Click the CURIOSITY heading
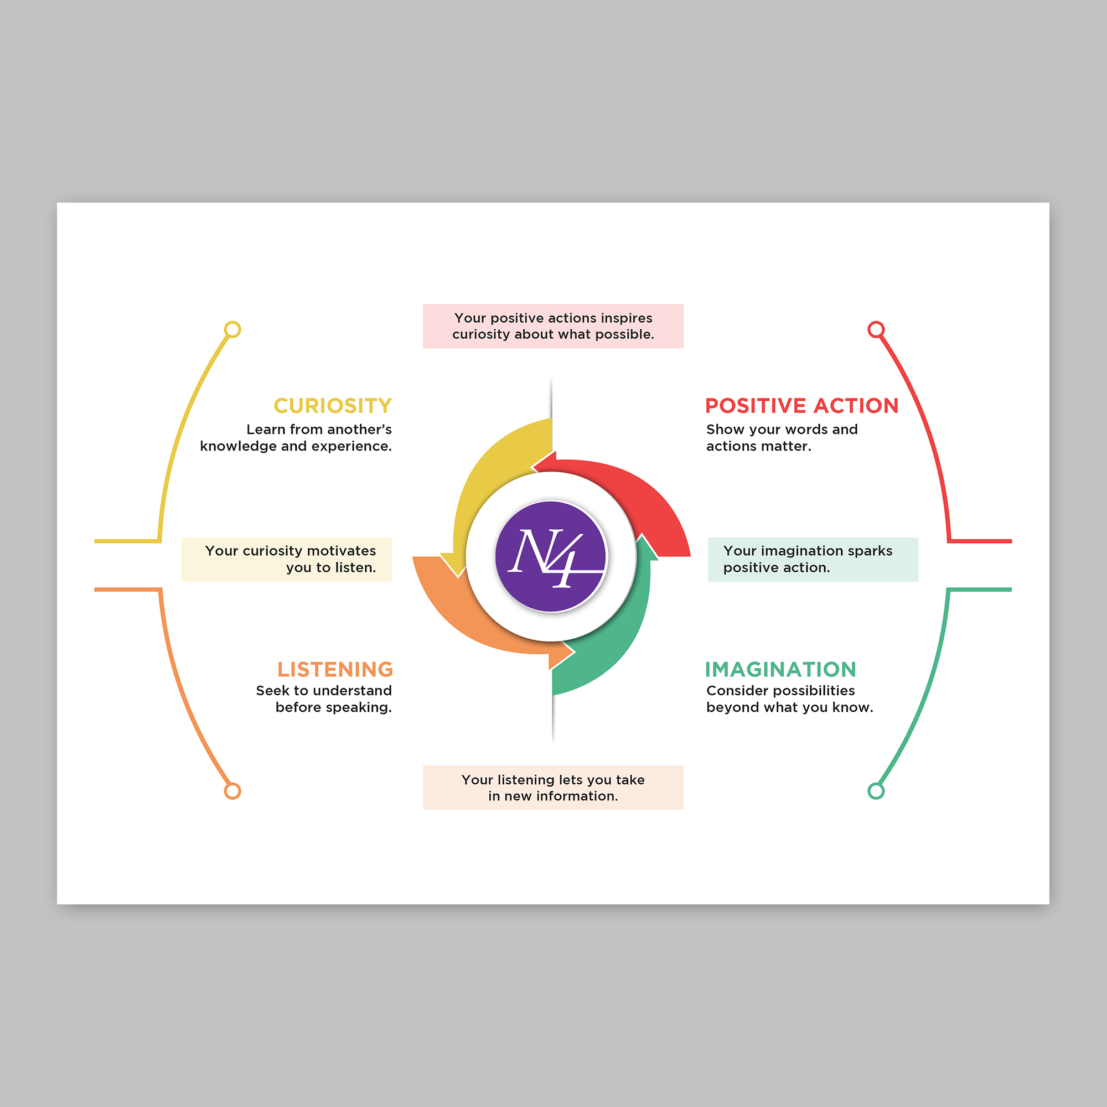[332, 406]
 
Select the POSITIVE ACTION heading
[801, 406]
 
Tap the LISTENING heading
[335, 669]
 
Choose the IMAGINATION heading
[780, 669]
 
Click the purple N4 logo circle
[551, 556]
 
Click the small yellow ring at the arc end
[232, 329]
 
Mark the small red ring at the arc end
[876, 329]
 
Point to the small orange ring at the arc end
[232, 792]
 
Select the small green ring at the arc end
[876, 792]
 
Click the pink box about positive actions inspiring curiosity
[553, 326]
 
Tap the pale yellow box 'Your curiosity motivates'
[287, 559]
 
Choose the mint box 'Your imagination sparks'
[813, 559]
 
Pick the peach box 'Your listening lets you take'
[553, 787]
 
